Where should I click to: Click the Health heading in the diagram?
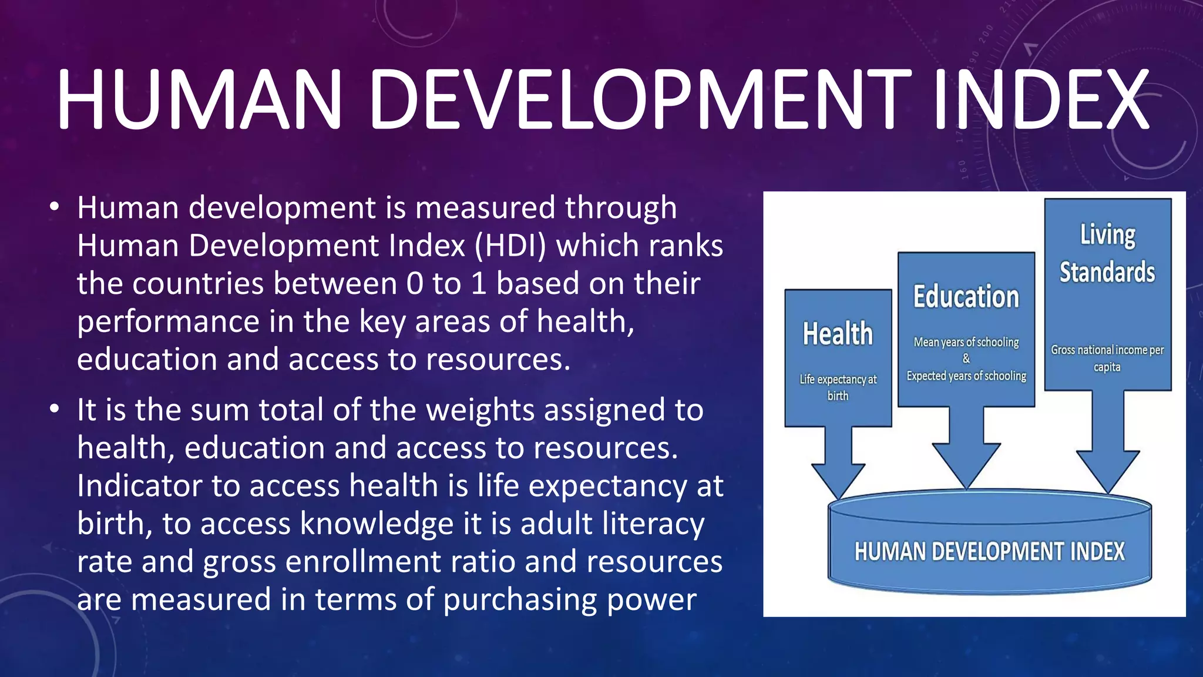tap(838, 334)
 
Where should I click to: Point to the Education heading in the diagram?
tap(966, 297)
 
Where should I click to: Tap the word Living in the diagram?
tap(1108, 234)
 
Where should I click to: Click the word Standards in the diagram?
tap(1107, 272)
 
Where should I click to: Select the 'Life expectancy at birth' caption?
tap(838, 387)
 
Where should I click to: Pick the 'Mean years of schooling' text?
tap(966, 342)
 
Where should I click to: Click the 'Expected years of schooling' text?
tap(966, 376)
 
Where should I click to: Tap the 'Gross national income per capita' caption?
tap(1107, 358)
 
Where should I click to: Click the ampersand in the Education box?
tap(966, 358)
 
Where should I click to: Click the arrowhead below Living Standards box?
tap(1108, 470)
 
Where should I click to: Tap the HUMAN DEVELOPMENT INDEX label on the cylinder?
tap(990, 552)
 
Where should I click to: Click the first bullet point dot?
tap(55, 207)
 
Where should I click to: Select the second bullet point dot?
tap(55, 409)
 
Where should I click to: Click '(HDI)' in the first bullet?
tap(510, 246)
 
